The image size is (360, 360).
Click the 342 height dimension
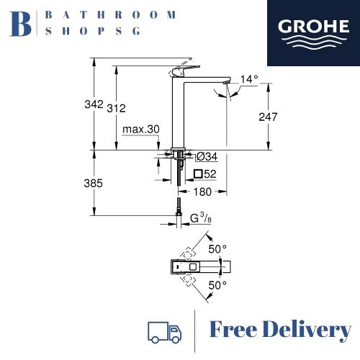94,104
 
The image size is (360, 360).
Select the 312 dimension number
116,109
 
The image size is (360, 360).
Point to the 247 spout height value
268,117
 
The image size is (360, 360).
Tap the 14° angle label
249,79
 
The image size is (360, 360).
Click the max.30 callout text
141,130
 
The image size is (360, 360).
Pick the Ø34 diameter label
207,157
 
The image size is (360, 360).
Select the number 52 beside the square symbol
210,174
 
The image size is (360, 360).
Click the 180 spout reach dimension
202,192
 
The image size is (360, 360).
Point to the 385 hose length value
94,184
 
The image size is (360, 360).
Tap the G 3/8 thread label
201,218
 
